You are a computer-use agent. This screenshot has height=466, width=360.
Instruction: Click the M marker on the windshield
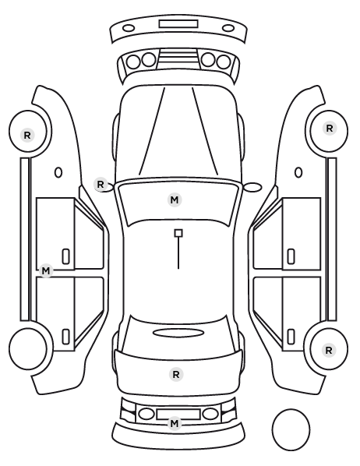tap(175, 199)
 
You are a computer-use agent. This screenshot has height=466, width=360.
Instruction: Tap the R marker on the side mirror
tap(101, 184)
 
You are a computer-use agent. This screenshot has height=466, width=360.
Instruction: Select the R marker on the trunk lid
tap(176, 375)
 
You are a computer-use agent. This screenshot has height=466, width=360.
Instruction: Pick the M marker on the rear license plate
tap(175, 423)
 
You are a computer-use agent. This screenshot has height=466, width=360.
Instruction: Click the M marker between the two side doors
tap(46, 270)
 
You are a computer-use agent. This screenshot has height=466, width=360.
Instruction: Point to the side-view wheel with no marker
tap(28, 348)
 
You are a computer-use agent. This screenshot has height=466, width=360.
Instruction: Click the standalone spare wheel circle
tap(291, 429)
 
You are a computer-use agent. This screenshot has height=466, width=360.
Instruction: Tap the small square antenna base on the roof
tap(178, 233)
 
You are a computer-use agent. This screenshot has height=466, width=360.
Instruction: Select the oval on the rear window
tap(178, 334)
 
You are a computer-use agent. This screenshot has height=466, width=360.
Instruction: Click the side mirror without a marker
tap(252, 187)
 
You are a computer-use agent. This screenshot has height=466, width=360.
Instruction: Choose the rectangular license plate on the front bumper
tap(178, 24)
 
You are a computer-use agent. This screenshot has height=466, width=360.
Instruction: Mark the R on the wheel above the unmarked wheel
tap(27, 136)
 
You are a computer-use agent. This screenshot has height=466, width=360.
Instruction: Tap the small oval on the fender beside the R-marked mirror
tap(58, 172)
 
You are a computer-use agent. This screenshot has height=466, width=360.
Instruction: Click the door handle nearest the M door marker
tap(65, 256)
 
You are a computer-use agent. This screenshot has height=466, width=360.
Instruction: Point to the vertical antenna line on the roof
tap(178, 253)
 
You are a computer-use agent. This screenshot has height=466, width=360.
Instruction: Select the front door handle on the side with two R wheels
tap(291, 256)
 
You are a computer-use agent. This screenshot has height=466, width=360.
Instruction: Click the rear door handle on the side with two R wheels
tap(291, 337)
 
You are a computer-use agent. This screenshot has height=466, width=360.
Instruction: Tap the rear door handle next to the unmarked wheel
tap(65, 337)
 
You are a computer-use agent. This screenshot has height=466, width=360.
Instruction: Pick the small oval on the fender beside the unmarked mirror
tap(298, 172)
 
